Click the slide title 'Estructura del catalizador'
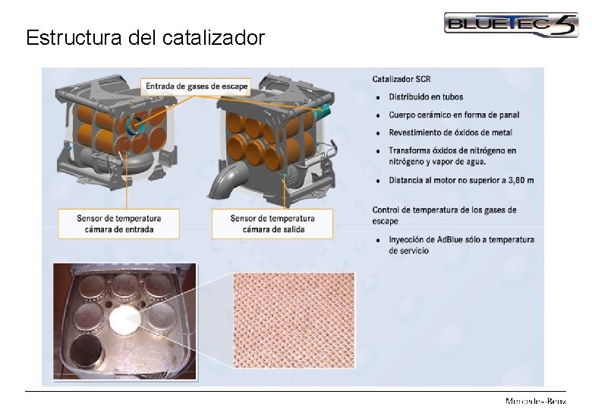[x=145, y=37]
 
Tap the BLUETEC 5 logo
[x=510, y=24]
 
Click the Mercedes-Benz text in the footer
[x=535, y=401]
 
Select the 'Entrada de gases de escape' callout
[x=197, y=86]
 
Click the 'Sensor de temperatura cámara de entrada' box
[x=119, y=223]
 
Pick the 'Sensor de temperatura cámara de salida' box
[x=272, y=223]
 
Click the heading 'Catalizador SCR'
[x=401, y=79]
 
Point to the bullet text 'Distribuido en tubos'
[x=426, y=97]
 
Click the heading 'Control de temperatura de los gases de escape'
[x=444, y=215]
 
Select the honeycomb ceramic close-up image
[x=294, y=320]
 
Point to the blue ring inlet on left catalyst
[x=137, y=125]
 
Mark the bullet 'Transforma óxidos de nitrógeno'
[x=452, y=150]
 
